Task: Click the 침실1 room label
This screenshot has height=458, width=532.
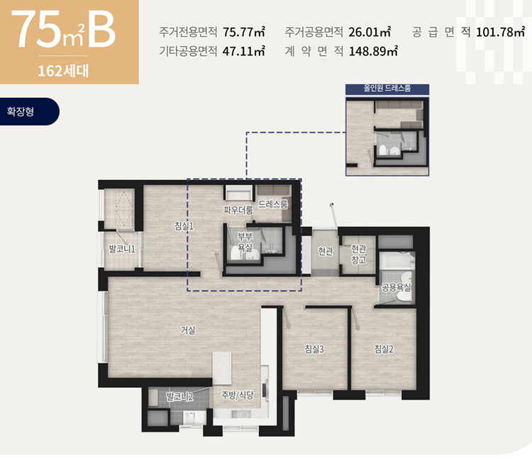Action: pyautogui.click(x=184, y=225)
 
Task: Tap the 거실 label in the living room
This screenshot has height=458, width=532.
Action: pyautogui.click(x=188, y=330)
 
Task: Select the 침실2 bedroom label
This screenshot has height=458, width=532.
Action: pyautogui.click(x=384, y=349)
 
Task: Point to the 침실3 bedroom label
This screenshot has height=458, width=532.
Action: pyautogui.click(x=314, y=349)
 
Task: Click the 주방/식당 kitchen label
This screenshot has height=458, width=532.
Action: pyautogui.click(x=238, y=395)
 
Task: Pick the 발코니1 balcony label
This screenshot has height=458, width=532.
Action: pyautogui.click(x=122, y=249)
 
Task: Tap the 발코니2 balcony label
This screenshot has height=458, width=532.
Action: pyautogui.click(x=179, y=396)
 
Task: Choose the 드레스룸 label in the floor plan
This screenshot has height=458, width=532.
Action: pyautogui.click(x=273, y=204)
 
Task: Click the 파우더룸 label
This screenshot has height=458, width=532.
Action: pyautogui.click(x=238, y=210)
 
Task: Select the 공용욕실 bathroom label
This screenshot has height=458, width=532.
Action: pyautogui.click(x=397, y=287)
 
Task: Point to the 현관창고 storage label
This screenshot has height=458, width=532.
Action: pyautogui.click(x=359, y=255)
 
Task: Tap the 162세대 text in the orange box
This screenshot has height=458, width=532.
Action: pyautogui.click(x=63, y=71)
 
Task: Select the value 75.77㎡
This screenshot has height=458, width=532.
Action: pyautogui.click(x=243, y=32)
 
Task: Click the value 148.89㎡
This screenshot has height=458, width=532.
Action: pyautogui.click(x=373, y=51)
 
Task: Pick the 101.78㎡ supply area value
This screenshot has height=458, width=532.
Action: pyautogui.click(x=501, y=32)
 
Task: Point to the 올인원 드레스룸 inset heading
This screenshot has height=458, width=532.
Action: pyautogui.click(x=387, y=89)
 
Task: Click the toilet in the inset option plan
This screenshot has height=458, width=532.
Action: pyautogui.click(x=383, y=150)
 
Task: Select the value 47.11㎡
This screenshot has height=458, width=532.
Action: pyautogui.click(x=243, y=51)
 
